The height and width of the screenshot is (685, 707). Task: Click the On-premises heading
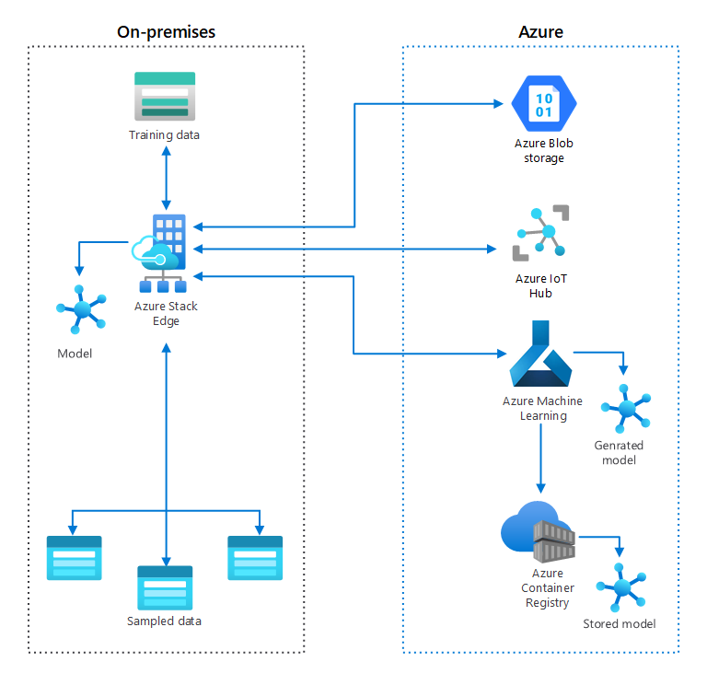(x=166, y=31)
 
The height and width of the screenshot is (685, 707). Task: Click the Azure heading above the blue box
(x=540, y=31)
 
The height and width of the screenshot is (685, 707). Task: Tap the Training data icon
(x=165, y=97)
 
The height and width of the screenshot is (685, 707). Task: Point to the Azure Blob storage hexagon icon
(x=543, y=102)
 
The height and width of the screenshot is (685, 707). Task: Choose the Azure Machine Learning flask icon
(x=540, y=354)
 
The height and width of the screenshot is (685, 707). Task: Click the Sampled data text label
(x=164, y=621)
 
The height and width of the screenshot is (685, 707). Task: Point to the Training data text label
(x=164, y=135)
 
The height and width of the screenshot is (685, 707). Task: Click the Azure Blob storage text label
(x=544, y=151)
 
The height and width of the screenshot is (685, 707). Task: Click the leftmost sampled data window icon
(x=74, y=558)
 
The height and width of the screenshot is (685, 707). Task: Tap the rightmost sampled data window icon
(x=255, y=558)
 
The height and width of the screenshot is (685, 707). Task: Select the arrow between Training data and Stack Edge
(x=166, y=178)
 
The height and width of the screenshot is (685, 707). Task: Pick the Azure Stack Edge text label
(x=166, y=313)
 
